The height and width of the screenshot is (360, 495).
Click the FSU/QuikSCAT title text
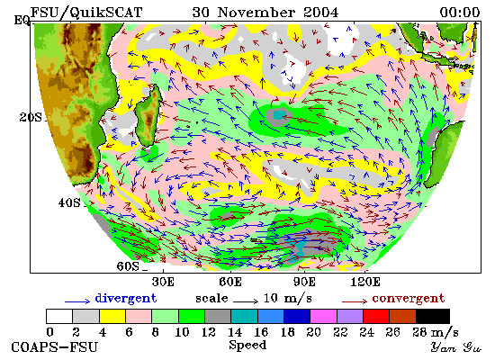[86, 13]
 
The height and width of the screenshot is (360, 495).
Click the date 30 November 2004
[265, 13]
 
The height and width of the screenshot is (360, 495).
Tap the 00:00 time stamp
[460, 13]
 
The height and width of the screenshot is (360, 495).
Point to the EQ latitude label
[22, 21]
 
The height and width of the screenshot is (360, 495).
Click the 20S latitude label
[31, 118]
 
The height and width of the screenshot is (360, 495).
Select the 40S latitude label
[69, 202]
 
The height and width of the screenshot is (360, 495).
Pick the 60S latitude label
[128, 266]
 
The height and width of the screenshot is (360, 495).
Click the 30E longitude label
[163, 282]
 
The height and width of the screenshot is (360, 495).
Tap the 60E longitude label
[230, 282]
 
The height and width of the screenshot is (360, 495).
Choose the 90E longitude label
[304, 282]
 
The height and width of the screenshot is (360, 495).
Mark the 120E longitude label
[365, 282]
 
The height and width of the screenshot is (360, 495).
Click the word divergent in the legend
[126, 299]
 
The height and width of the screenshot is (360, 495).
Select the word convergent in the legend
[409, 299]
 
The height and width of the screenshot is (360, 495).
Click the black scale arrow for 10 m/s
[246, 301]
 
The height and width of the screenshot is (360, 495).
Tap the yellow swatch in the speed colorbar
[112, 316]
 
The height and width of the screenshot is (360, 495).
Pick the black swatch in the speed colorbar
[433, 316]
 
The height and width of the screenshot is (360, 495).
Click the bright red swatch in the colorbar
[376, 316]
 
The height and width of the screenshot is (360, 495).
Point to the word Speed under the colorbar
[247, 346]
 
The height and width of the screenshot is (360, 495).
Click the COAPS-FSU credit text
[54, 347]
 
